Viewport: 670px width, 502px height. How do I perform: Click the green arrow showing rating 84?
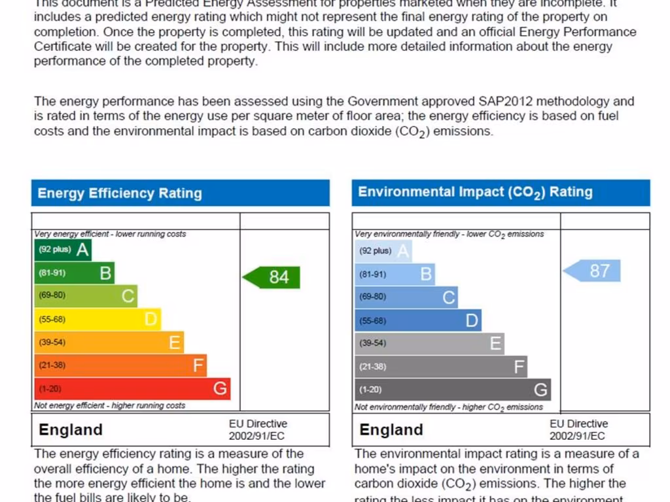coord(272,277)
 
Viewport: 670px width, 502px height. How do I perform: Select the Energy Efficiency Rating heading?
coord(120,193)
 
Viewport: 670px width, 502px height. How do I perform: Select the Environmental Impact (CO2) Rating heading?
coord(475,192)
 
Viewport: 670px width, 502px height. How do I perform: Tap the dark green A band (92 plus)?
coord(63,250)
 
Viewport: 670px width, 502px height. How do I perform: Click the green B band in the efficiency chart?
coord(74,273)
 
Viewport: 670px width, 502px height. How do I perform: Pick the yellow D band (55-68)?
coord(97,320)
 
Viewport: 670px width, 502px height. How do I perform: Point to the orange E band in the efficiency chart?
coord(109,343)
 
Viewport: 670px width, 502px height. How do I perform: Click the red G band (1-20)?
coord(132,389)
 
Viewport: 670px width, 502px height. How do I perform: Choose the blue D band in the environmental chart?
coord(417,321)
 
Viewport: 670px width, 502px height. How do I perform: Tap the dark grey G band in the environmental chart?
coord(452,390)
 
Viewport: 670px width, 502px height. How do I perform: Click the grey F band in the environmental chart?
coord(440,367)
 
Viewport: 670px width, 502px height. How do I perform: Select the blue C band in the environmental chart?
coord(406,297)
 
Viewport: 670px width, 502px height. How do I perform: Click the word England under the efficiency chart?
coord(71,429)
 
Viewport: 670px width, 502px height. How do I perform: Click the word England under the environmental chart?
coord(391,429)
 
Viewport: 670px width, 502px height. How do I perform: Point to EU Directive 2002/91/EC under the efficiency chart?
coord(257,430)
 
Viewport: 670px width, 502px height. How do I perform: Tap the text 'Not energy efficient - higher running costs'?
coord(109,406)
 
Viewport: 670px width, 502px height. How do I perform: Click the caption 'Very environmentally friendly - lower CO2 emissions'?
coord(449,234)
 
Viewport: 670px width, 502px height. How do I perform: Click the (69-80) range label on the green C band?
coord(52,295)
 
